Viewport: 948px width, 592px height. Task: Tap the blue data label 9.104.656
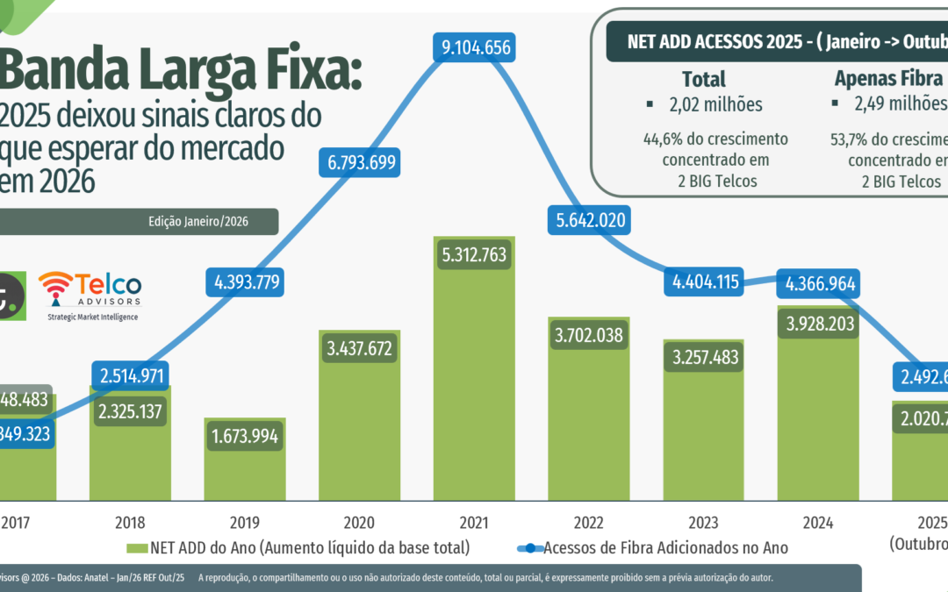click(476, 48)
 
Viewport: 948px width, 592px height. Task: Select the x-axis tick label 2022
click(589, 523)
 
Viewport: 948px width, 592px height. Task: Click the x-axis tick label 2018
click(130, 523)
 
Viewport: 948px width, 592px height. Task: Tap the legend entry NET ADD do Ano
click(298, 548)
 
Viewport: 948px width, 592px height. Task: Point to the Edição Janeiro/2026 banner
click(198, 222)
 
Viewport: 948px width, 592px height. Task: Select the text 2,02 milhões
click(715, 105)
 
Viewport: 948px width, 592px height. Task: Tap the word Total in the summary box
click(704, 79)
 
